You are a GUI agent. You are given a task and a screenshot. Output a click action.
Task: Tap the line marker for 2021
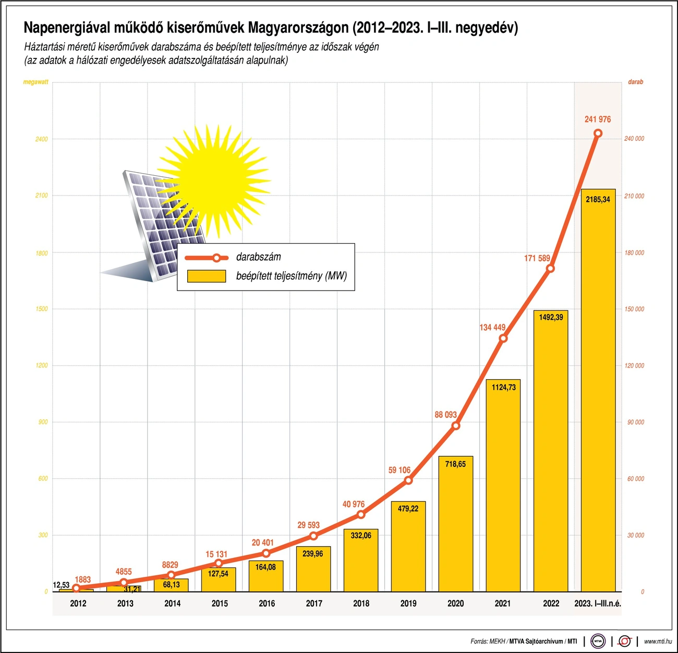[x=503, y=338]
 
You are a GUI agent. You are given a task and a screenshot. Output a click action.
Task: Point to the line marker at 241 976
[x=598, y=134]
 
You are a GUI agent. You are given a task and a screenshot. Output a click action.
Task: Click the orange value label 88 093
[x=445, y=415]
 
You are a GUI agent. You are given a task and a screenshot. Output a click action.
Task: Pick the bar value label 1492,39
[x=551, y=317]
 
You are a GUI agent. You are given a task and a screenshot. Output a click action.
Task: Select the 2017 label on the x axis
[x=314, y=603]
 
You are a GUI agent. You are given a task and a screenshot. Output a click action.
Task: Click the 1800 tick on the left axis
[x=41, y=253]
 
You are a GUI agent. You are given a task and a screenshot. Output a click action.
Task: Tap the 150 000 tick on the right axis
[x=634, y=309]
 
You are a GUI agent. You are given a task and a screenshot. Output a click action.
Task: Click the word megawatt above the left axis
[x=35, y=82]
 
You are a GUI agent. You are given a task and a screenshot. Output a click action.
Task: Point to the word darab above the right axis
[x=635, y=82]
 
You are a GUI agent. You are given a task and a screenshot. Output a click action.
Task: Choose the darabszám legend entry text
[x=258, y=257]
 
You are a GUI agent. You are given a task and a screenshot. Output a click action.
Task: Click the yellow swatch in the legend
[x=207, y=276]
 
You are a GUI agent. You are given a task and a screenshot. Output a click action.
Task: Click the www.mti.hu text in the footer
[x=658, y=641]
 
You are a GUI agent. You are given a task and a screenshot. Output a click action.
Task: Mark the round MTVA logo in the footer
[x=598, y=641]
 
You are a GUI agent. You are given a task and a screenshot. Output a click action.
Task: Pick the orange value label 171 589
[x=537, y=258]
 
